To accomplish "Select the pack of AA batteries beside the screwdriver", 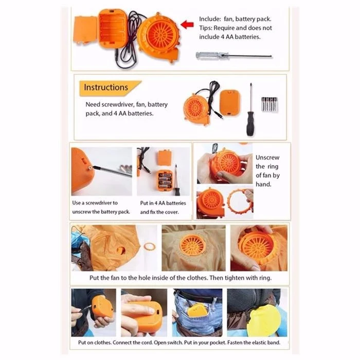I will tap(269, 104).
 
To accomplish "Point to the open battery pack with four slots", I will tap(113, 28).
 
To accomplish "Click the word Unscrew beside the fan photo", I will tap(267, 157).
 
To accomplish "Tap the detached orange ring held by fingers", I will tap(240, 202).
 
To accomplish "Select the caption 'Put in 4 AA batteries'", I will tap(163, 203).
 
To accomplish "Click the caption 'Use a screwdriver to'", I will tap(95, 203).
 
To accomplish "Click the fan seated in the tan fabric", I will tap(193, 246).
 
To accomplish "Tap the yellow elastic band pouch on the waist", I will tap(263, 319).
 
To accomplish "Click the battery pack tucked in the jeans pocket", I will tap(197, 310).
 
